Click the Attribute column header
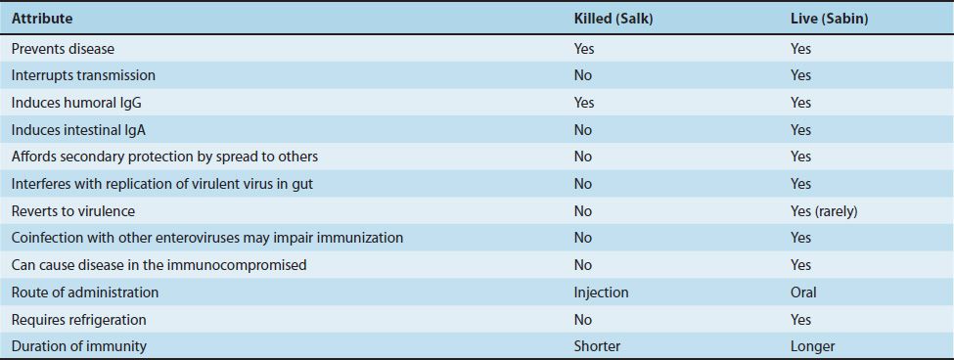pos(42,19)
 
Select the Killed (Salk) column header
pos(613,19)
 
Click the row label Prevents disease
pos(63,49)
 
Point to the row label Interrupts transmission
pos(83,75)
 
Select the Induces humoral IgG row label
pos(76,103)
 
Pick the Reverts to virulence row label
pos(73,211)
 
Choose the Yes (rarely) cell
pos(824,211)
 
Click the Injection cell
pos(601,292)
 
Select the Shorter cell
pos(598,346)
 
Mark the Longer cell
pos(812,346)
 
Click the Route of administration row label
pos(85,292)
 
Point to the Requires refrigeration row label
pos(79,319)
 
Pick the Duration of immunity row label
pos(79,346)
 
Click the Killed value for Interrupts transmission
pos(583,75)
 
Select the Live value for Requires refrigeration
pos(800,319)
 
